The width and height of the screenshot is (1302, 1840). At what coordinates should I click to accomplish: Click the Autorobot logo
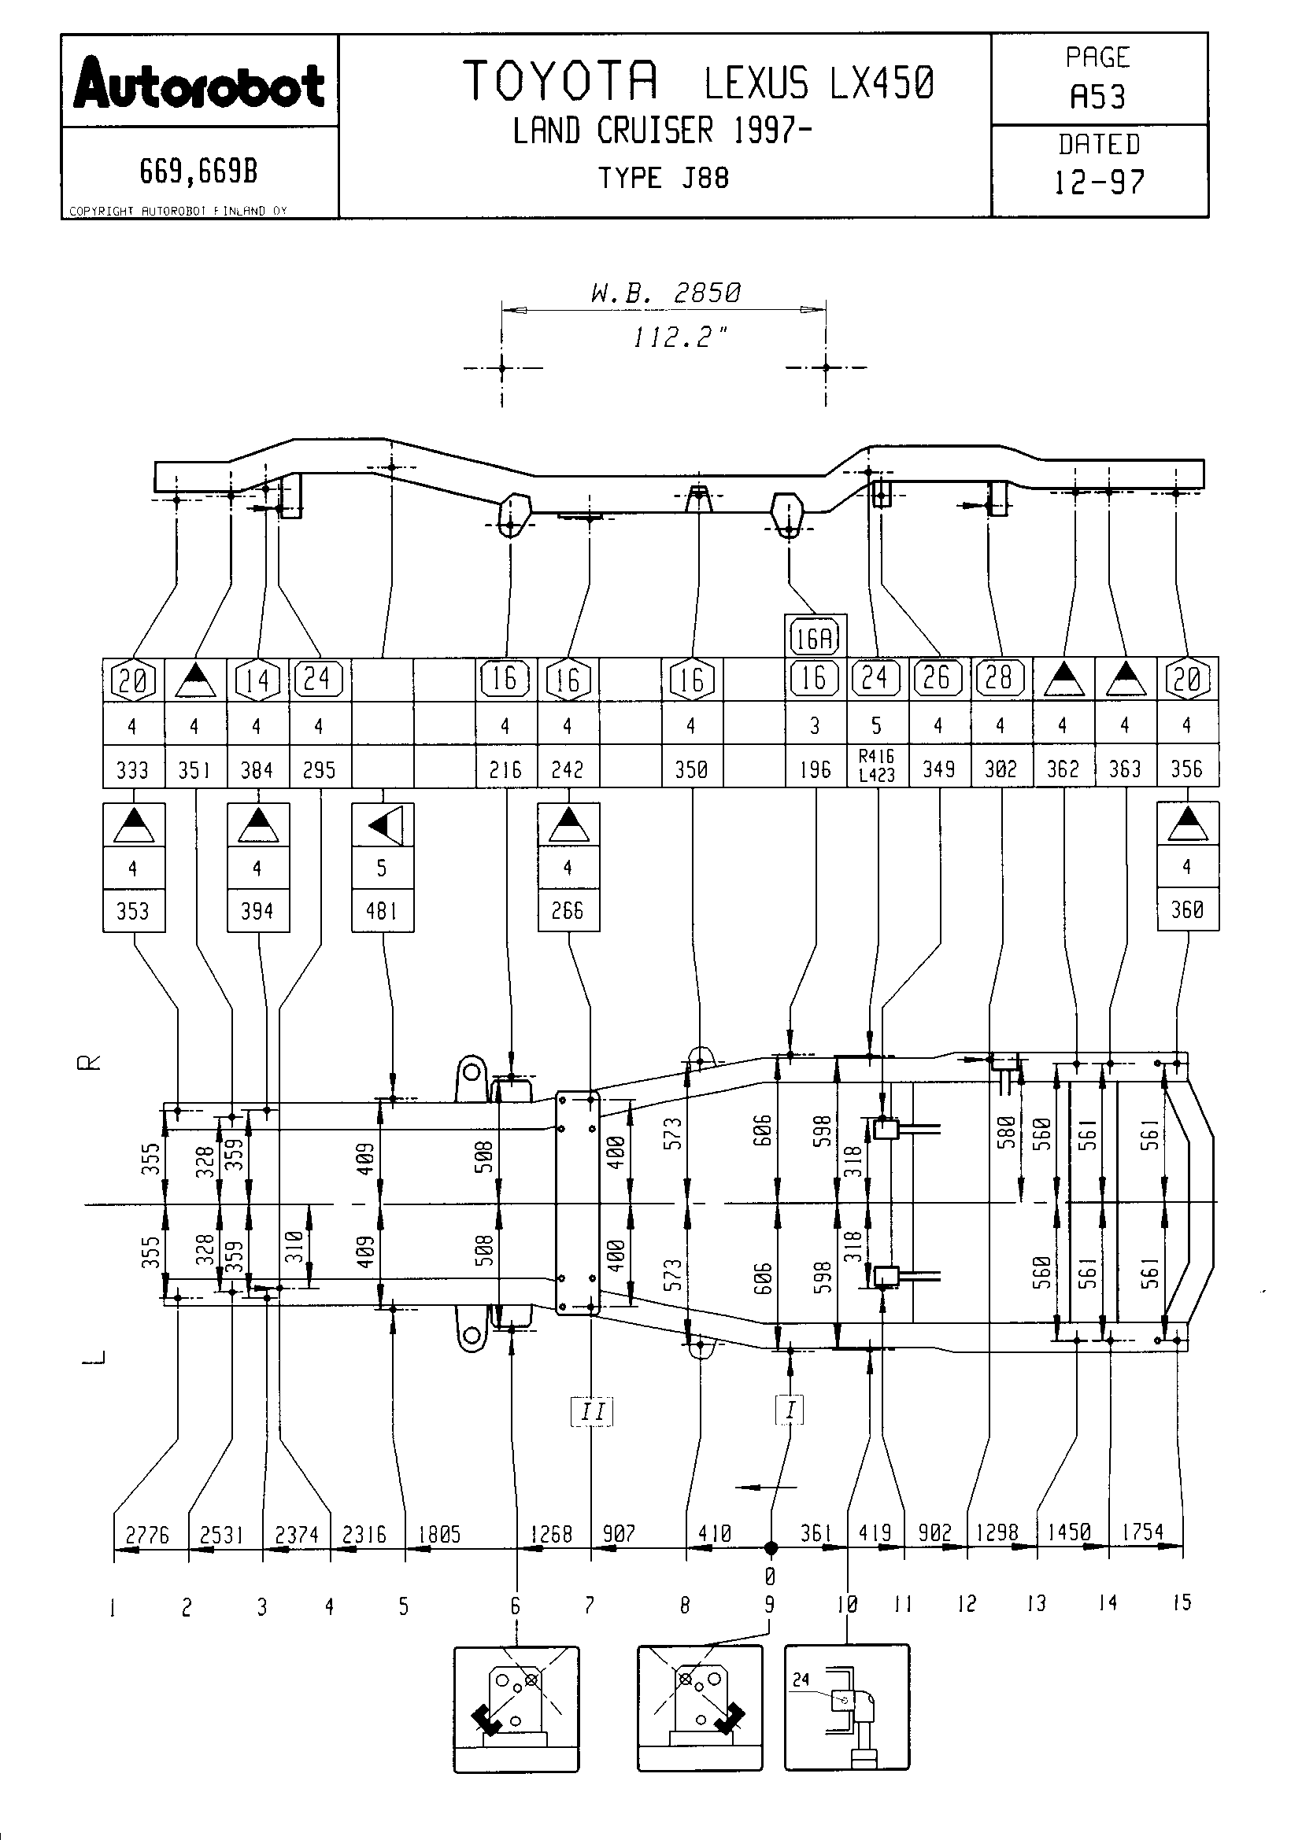click(199, 84)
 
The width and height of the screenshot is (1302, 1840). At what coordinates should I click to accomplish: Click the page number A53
click(1097, 98)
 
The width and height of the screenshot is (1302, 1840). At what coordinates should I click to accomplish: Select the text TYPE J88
click(663, 178)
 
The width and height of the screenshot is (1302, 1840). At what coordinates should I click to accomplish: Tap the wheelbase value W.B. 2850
click(664, 293)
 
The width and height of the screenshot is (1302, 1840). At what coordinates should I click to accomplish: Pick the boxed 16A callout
click(815, 639)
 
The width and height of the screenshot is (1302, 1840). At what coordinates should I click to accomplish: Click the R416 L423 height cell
click(876, 765)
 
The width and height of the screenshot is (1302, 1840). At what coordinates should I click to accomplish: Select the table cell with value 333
click(132, 770)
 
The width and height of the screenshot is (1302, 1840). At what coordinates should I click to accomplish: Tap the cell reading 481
click(382, 911)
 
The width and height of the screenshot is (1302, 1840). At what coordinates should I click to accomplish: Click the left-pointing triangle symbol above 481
click(383, 824)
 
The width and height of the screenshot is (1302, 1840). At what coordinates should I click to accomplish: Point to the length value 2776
click(147, 1535)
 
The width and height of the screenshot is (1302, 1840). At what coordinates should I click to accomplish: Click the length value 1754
click(1141, 1532)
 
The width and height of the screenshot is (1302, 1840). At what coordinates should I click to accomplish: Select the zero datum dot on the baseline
click(771, 1548)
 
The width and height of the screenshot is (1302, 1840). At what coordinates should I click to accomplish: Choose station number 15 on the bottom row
click(1182, 1602)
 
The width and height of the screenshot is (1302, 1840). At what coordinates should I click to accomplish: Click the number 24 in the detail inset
click(801, 1679)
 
